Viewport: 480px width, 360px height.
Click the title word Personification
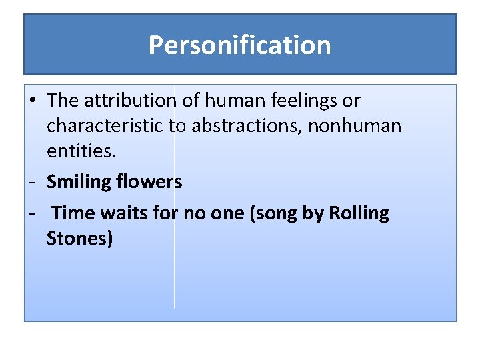239,45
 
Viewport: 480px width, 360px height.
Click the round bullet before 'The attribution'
32,101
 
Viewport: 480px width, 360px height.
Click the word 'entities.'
81,151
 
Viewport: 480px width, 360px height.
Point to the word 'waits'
121,213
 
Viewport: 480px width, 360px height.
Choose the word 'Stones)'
79,239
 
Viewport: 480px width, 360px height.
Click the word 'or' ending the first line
351,101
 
